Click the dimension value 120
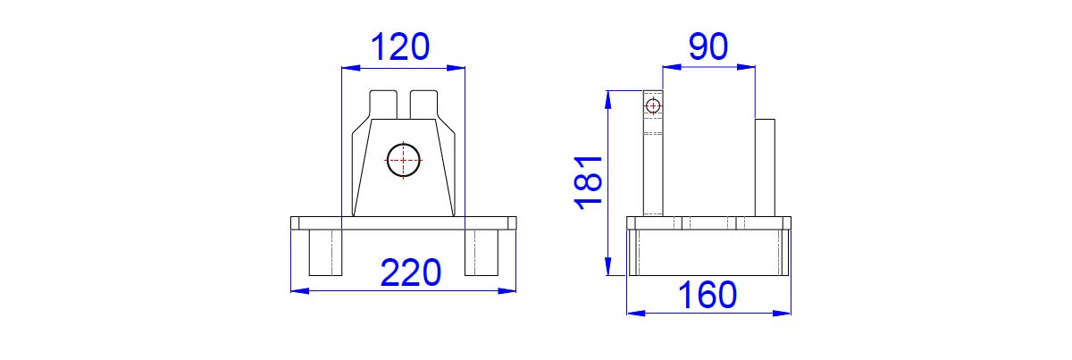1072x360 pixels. click(400, 47)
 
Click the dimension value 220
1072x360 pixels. click(411, 272)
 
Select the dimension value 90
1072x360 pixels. click(708, 46)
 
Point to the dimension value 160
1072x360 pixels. click(708, 295)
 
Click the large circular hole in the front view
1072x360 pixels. click(404, 160)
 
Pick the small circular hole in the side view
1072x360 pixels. click(653, 105)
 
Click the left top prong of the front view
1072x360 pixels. click(383, 104)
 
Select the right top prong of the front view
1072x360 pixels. click(424, 104)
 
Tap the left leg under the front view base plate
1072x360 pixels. click(325, 252)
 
